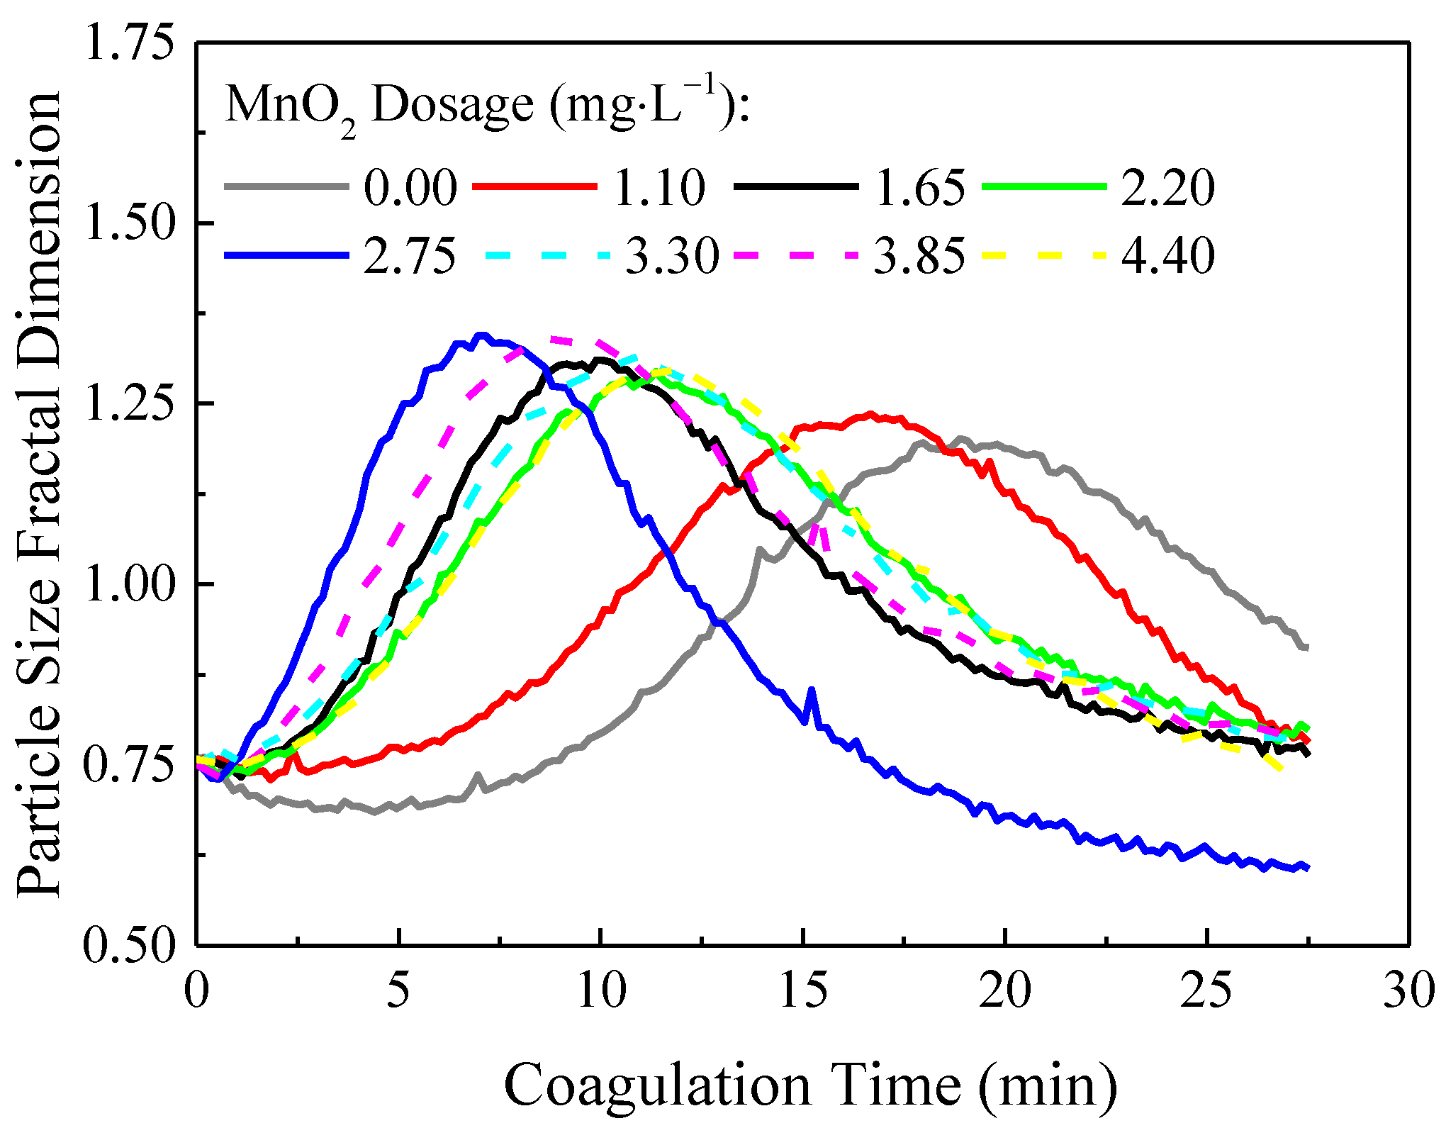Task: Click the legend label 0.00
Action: click(x=410, y=188)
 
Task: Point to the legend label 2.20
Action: click(x=1168, y=188)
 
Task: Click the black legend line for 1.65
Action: click(x=796, y=186)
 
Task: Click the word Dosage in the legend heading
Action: click(x=452, y=106)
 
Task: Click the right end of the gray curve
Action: click(x=1306, y=647)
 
